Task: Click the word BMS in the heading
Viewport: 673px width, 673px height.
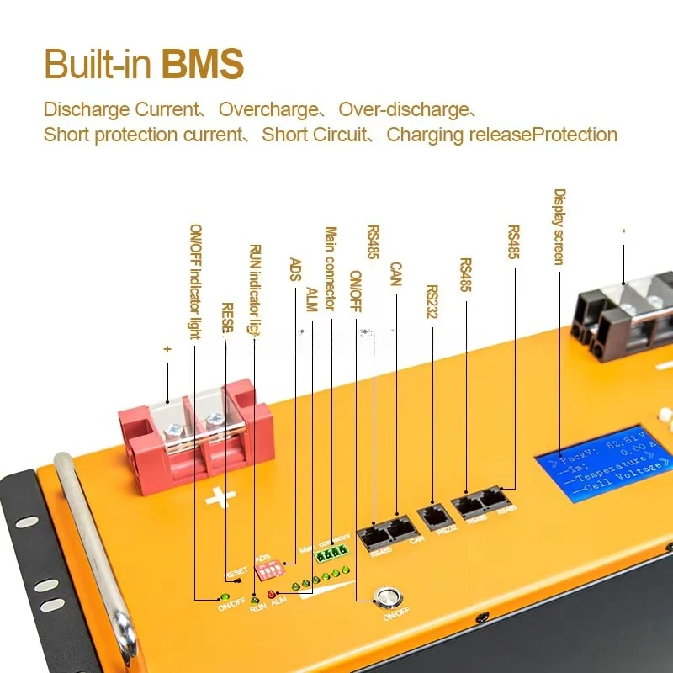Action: click(203, 64)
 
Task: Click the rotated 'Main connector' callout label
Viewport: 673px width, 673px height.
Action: click(331, 268)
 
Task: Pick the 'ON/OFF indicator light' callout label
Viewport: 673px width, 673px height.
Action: click(195, 281)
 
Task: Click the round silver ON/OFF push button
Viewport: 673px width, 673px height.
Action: click(388, 599)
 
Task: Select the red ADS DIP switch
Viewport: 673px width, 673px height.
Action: click(268, 570)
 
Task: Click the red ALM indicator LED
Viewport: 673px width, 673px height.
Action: click(271, 595)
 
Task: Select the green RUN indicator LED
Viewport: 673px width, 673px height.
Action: click(255, 600)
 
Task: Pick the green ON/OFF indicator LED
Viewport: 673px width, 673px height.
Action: click(224, 596)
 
